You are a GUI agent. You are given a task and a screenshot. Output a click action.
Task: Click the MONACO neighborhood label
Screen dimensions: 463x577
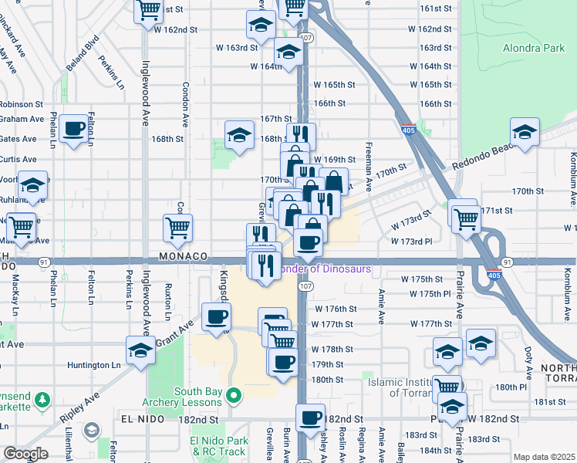[x=184, y=255]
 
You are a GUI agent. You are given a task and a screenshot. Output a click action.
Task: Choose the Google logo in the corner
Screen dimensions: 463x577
[x=25, y=454]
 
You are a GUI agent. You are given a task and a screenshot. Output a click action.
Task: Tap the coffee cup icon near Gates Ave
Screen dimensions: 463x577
[x=74, y=129]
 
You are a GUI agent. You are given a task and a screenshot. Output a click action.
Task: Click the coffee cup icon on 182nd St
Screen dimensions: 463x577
[x=310, y=417]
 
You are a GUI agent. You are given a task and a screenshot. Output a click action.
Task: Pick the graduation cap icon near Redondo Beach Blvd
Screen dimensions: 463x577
[x=525, y=131]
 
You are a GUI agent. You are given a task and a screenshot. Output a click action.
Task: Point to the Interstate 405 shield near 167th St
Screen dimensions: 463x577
[x=408, y=130]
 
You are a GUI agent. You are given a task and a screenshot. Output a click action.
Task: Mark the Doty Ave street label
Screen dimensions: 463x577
[x=528, y=360]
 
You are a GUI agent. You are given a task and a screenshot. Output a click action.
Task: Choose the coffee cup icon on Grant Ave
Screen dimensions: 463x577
[x=216, y=316]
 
